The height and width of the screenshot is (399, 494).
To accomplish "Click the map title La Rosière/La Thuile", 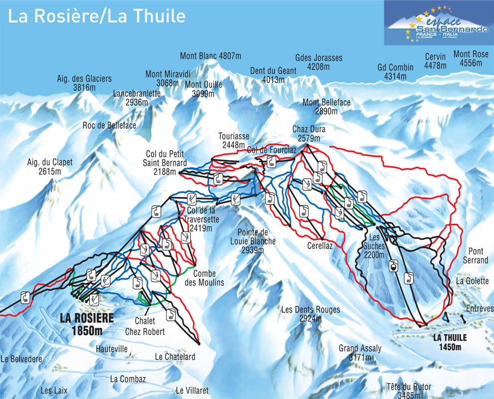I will [97, 16].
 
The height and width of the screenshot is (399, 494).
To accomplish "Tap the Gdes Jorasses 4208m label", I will [319, 62].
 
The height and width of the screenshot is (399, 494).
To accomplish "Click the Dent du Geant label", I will [274, 75].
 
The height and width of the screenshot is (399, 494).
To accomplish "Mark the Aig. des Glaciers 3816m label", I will [84, 83].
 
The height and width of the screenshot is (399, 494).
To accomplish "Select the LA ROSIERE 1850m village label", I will [87, 323].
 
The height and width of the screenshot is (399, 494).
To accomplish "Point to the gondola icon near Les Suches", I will [394, 266].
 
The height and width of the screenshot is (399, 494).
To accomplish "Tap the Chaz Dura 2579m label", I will [309, 134].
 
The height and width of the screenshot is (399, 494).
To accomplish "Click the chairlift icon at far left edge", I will [24, 298].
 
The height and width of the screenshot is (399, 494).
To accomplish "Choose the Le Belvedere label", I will [21, 359].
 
